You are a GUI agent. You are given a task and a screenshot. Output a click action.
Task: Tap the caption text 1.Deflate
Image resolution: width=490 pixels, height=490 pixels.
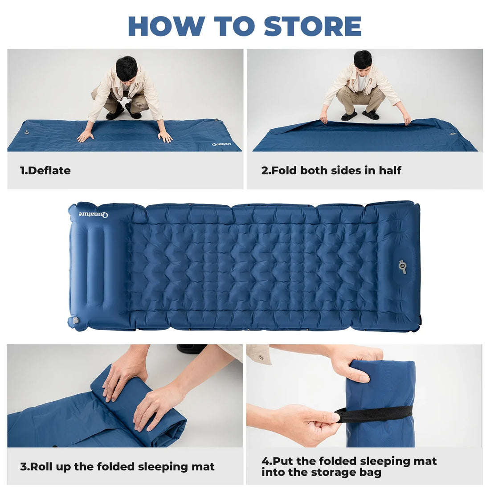coord(45,170)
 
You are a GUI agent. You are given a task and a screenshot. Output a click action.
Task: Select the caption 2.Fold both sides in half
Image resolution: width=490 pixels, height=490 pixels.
coord(331,170)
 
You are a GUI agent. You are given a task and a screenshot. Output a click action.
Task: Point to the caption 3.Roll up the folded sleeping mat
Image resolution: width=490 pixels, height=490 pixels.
coord(117,466)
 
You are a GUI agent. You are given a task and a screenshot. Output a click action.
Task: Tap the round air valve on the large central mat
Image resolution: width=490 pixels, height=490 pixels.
coord(402,267)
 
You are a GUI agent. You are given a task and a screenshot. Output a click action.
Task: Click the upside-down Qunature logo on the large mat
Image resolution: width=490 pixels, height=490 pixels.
coord(94,214)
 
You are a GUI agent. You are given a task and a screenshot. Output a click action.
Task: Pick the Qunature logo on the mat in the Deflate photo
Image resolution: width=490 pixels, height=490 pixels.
coord(221,144)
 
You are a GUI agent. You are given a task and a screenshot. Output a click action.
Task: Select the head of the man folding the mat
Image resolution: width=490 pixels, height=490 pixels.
coord(363,61)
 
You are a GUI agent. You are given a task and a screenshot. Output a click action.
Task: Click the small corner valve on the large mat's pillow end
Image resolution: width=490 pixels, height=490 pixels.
coord(75,320)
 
